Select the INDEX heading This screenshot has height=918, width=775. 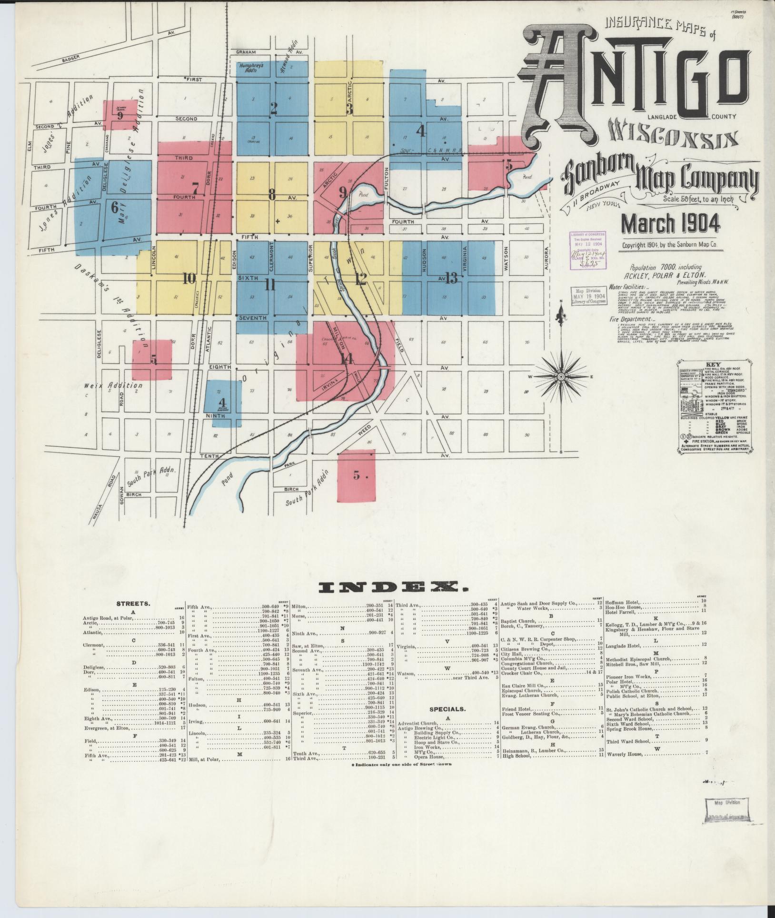[387, 586]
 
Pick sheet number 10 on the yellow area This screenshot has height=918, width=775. [189, 278]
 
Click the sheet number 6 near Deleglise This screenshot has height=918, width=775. [114, 208]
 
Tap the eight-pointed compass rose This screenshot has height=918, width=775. [561, 376]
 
